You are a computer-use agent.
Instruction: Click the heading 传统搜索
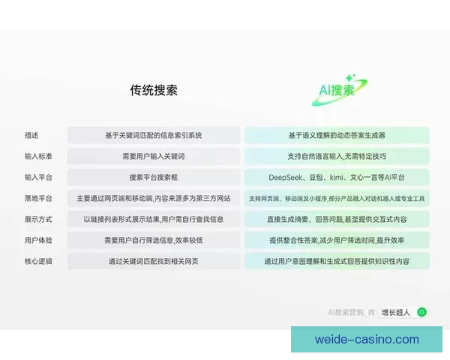(154, 91)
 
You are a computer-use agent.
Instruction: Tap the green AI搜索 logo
(335, 91)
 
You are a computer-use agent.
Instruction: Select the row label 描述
(31, 136)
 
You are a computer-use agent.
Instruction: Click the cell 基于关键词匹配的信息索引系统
(154, 136)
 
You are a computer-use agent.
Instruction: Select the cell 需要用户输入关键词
(154, 157)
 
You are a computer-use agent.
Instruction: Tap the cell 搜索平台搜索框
(154, 178)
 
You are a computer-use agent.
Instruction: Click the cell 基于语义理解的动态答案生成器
(337, 136)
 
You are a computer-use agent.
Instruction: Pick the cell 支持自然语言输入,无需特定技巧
(337, 157)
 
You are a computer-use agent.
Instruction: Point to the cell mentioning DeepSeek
(337, 178)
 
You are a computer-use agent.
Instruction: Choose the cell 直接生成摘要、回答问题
(337, 220)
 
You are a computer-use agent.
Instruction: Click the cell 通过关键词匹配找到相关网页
(154, 262)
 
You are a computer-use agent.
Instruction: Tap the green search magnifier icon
(422, 312)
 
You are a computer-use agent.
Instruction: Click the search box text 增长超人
(396, 312)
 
